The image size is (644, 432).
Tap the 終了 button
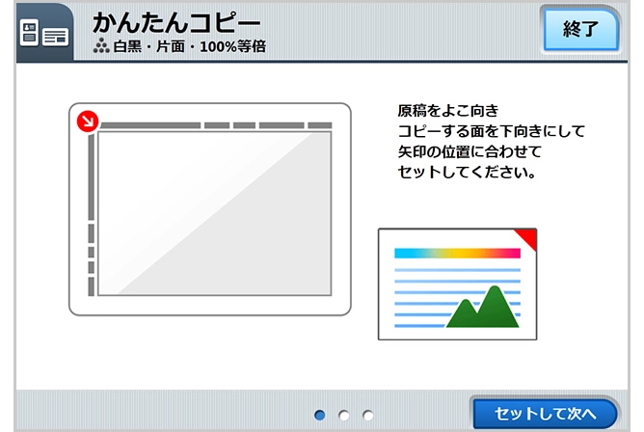pyautogui.click(x=580, y=29)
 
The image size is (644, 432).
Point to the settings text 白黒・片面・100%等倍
pyautogui.click(x=190, y=45)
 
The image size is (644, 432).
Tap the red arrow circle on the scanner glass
pyautogui.click(x=87, y=121)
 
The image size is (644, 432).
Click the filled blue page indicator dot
pyautogui.click(x=320, y=415)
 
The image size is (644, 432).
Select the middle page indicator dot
pyautogui.click(x=344, y=415)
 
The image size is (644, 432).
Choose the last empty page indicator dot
pyautogui.click(x=368, y=415)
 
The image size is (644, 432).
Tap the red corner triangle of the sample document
pyautogui.click(x=526, y=236)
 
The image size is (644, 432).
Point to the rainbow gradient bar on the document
pyautogui.click(x=457, y=254)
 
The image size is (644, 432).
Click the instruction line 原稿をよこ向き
pyautogui.click(x=448, y=110)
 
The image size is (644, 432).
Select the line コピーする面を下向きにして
pyautogui.click(x=491, y=131)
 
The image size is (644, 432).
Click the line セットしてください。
pyautogui.click(x=467, y=174)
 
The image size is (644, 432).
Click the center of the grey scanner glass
pyautogui.click(x=214, y=213)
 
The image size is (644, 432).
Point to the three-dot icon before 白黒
pyautogui.click(x=101, y=45)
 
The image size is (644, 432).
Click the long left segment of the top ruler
pyautogui.click(x=149, y=124)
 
